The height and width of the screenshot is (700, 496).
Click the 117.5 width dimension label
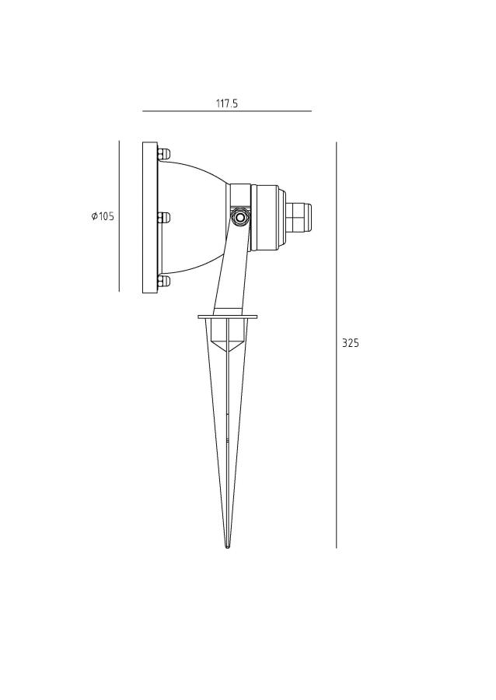227,104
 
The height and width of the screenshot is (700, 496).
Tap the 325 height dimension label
350,343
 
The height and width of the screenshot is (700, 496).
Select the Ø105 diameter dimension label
103,217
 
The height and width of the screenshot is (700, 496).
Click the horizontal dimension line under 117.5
227,111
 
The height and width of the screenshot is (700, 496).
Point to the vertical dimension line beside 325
337,345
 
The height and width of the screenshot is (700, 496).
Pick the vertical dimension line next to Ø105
119,216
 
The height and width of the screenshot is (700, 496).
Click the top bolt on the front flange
163,154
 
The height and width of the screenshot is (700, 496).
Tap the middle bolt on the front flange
163,218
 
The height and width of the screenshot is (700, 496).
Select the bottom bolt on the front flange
163,281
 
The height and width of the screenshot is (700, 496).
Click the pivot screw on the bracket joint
240,218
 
